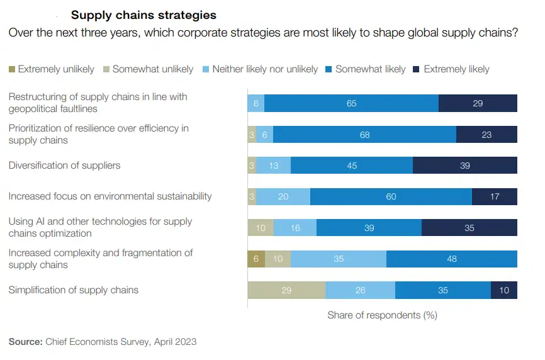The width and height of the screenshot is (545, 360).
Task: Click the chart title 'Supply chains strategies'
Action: [x=143, y=15]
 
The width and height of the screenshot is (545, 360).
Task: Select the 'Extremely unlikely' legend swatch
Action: [x=12, y=69]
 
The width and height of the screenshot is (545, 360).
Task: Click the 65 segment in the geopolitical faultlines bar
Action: [x=351, y=103]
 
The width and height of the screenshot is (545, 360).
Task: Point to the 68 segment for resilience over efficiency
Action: [x=364, y=134]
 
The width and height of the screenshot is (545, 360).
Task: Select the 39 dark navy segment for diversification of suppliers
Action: [x=464, y=166]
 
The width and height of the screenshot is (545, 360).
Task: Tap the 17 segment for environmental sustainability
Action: [x=494, y=196]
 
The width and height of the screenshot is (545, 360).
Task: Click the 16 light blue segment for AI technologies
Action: [x=295, y=228]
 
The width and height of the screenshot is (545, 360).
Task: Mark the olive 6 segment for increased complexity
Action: [x=256, y=259]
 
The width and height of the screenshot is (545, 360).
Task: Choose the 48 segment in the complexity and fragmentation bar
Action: [x=451, y=259]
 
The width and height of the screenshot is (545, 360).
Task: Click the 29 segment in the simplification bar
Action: [x=286, y=290]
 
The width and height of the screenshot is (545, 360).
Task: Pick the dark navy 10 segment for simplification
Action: [x=503, y=290]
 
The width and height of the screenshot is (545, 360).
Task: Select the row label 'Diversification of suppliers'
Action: [x=64, y=166]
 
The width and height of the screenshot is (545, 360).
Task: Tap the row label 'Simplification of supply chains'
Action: [x=74, y=290]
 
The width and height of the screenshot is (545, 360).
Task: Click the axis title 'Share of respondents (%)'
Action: [x=382, y=315]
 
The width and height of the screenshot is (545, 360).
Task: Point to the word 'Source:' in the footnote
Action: [x=25, y=342]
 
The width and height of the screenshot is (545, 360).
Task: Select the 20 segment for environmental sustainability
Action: [x=283, y=196]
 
